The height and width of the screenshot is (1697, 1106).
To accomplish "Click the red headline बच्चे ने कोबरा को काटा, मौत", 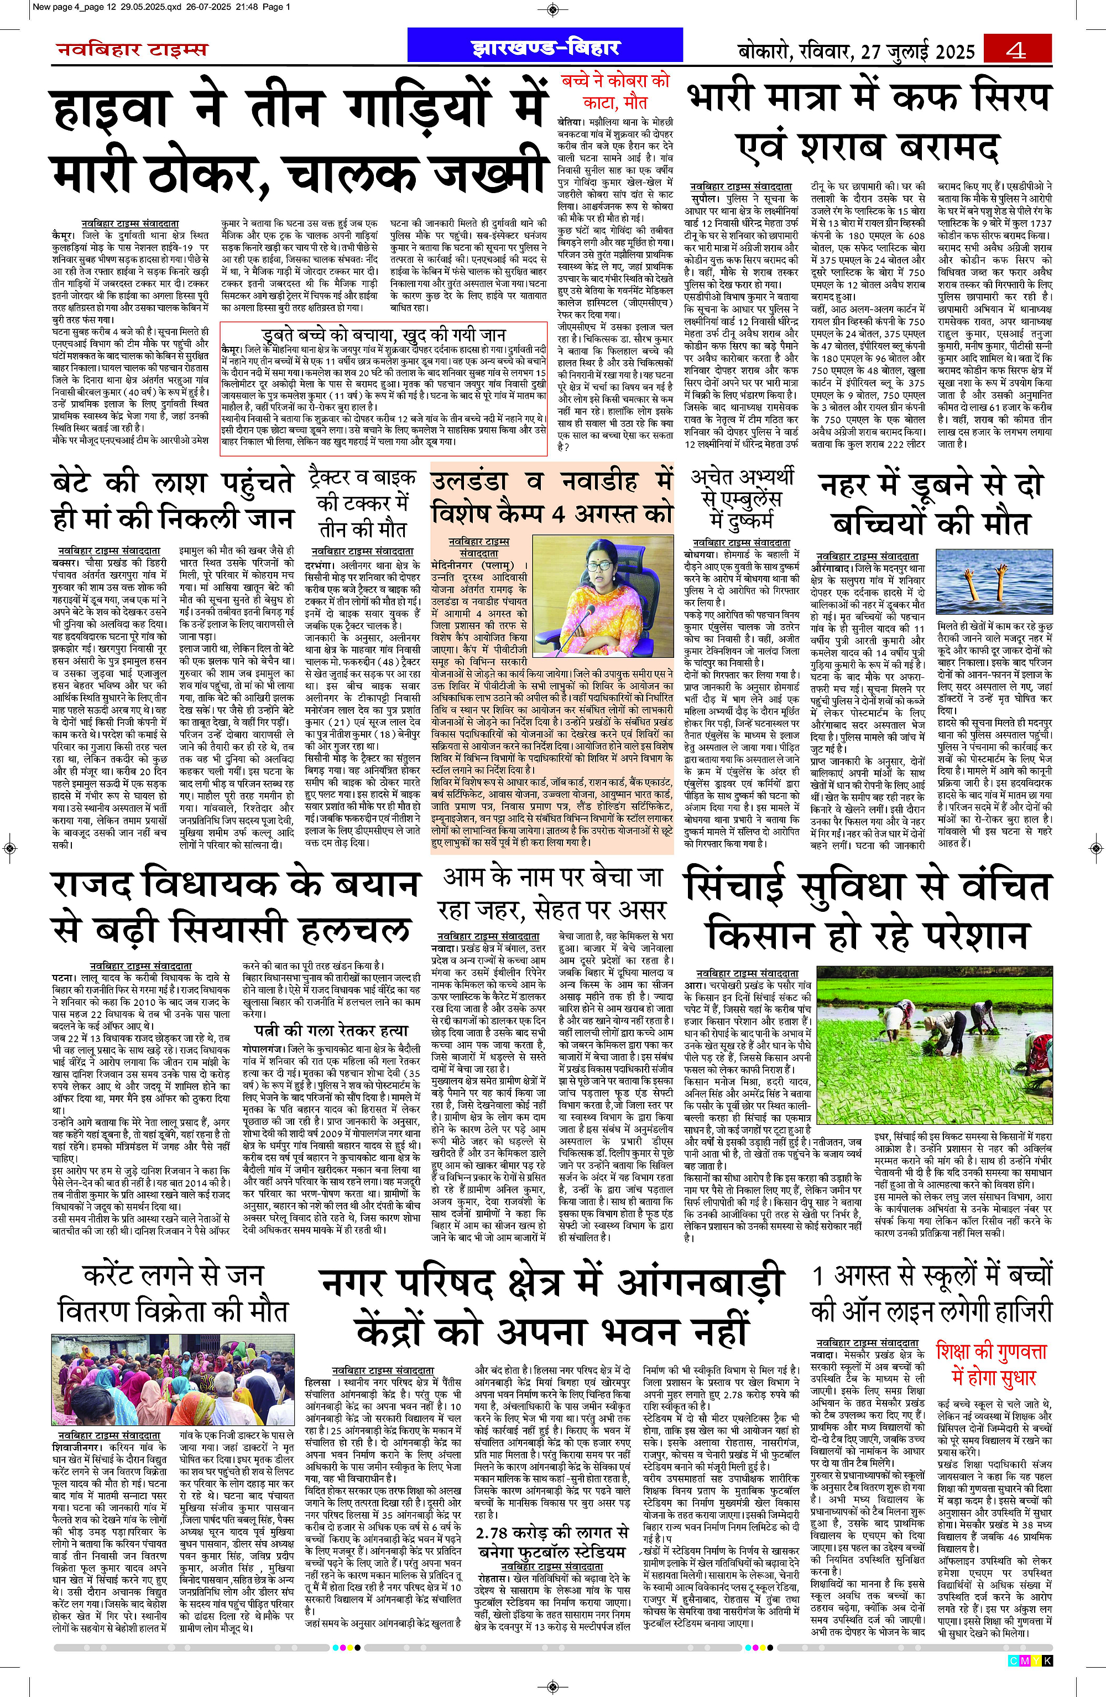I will point(615,91).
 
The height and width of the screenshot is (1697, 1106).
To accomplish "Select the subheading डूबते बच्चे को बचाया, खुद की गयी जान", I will point(383,334).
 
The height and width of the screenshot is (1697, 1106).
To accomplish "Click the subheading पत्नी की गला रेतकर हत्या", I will point(332,1030).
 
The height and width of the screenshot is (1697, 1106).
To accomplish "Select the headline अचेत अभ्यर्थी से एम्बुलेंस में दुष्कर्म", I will point(742,499).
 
